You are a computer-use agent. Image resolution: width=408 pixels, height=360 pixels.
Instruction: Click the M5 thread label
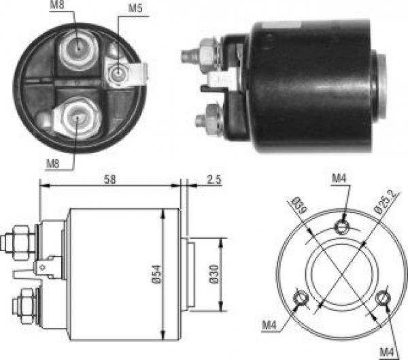click(135, 7)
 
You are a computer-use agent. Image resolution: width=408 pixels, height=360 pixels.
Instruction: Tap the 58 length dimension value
click(109, 180)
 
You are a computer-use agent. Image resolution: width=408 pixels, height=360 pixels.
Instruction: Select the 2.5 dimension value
click(214, 180)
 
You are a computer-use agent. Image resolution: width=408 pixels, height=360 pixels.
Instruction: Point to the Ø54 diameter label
click(156, 274)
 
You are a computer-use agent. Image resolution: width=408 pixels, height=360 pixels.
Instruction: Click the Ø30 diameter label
click(214, 274)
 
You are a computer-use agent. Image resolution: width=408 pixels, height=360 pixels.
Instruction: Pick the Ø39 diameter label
click(299, 205)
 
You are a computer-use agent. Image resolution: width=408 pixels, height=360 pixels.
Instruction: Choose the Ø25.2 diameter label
click(386, 202)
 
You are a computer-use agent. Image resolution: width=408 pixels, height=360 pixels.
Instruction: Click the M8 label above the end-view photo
click(57, 5)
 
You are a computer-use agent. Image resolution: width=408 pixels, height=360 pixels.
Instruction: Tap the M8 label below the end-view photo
click(53, 164)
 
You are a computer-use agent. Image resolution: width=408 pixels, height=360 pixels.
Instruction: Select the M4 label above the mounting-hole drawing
click(339, 178)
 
